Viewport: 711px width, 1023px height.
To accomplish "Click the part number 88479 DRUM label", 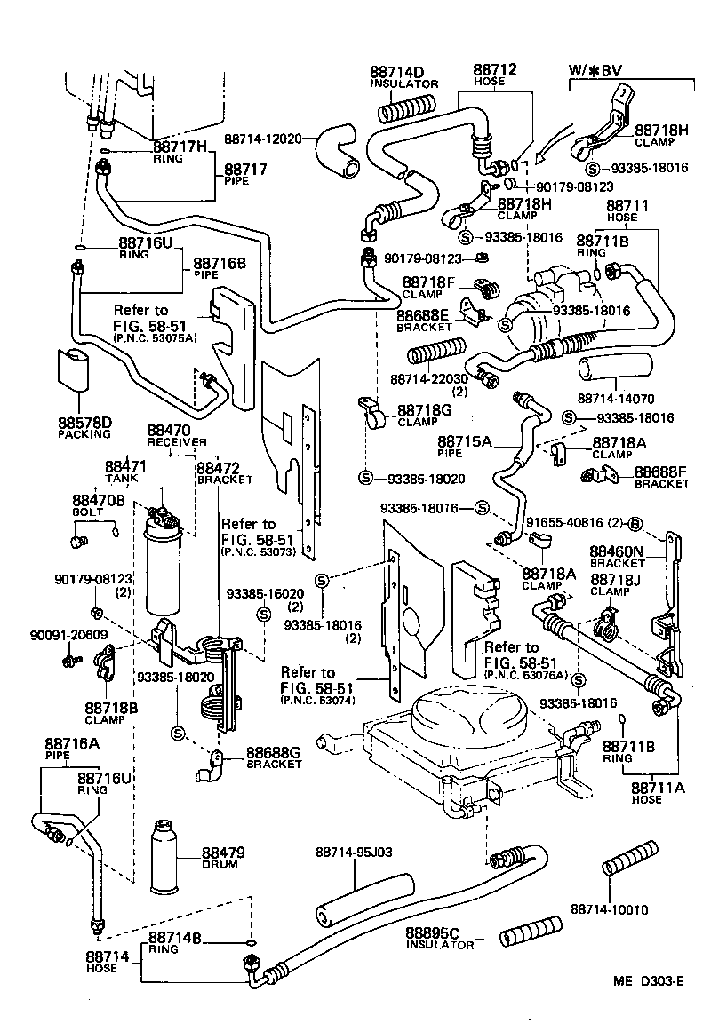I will click(x=222, y=857).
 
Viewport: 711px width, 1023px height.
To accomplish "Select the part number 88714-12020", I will click(x=263, y=139).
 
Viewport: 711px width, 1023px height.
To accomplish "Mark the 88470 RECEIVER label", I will click(x=176, y=436).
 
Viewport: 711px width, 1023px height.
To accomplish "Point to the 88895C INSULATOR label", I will click(x=439, y=939).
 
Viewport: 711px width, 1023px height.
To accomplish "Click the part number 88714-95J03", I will click(x=354, y=852).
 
